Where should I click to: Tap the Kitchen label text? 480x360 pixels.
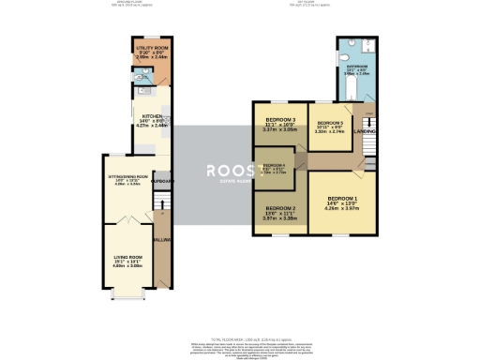(140, 115)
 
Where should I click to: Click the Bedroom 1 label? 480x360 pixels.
(341, 200)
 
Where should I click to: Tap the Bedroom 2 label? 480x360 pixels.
(279, 208)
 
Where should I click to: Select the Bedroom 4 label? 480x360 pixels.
(274, 164)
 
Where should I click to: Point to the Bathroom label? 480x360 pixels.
(356, 67)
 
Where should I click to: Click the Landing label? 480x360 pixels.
(366, 131)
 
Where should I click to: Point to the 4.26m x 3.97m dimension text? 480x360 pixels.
(341, 210)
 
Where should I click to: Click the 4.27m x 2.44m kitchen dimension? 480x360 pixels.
(140, 125)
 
